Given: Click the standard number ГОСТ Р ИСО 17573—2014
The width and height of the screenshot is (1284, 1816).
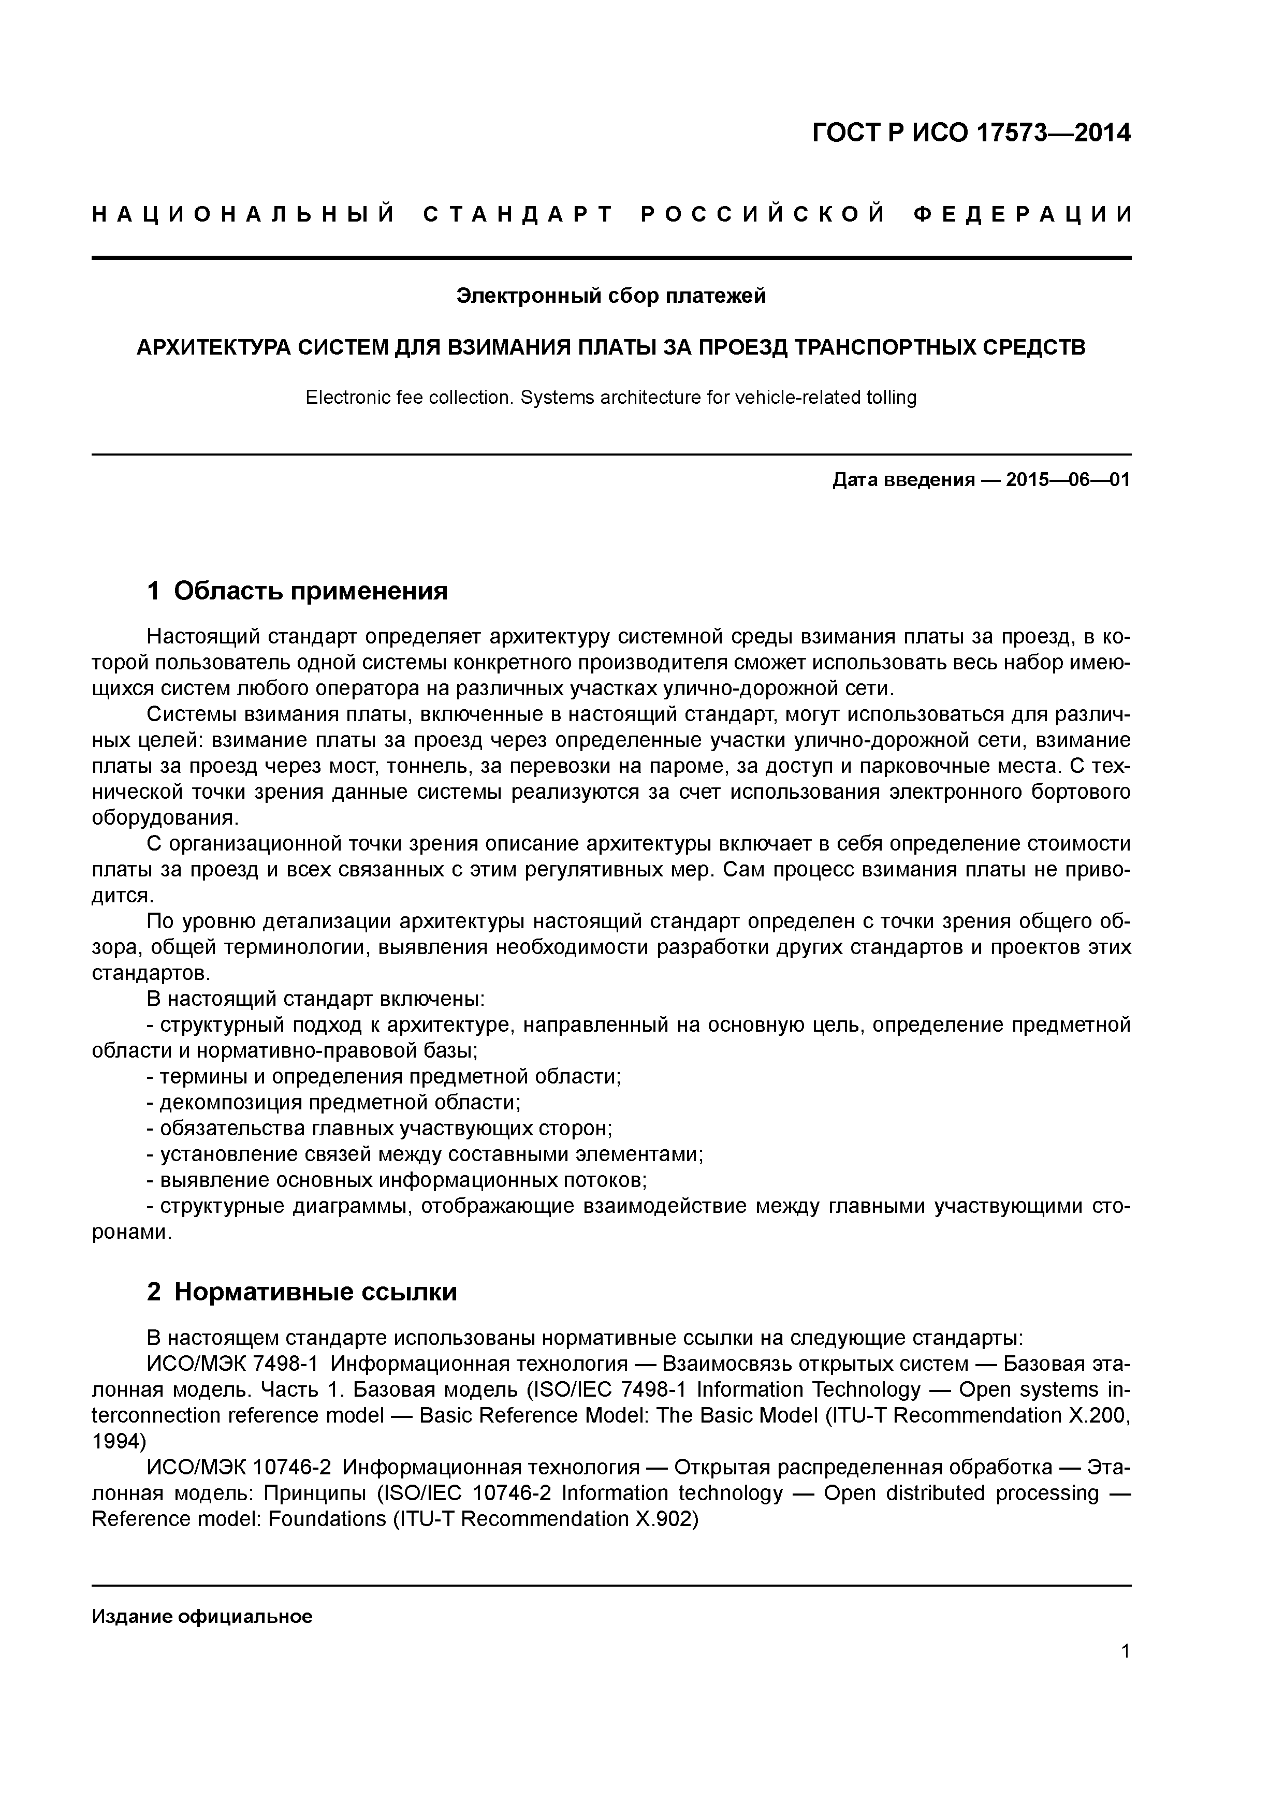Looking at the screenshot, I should pos(971,133).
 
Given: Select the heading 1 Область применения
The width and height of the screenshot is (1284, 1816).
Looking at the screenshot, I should pos(298,590).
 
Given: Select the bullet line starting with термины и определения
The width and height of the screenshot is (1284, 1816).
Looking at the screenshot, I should pos(384,1076).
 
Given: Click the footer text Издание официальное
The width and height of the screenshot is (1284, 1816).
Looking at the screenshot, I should pos(202,1616).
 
